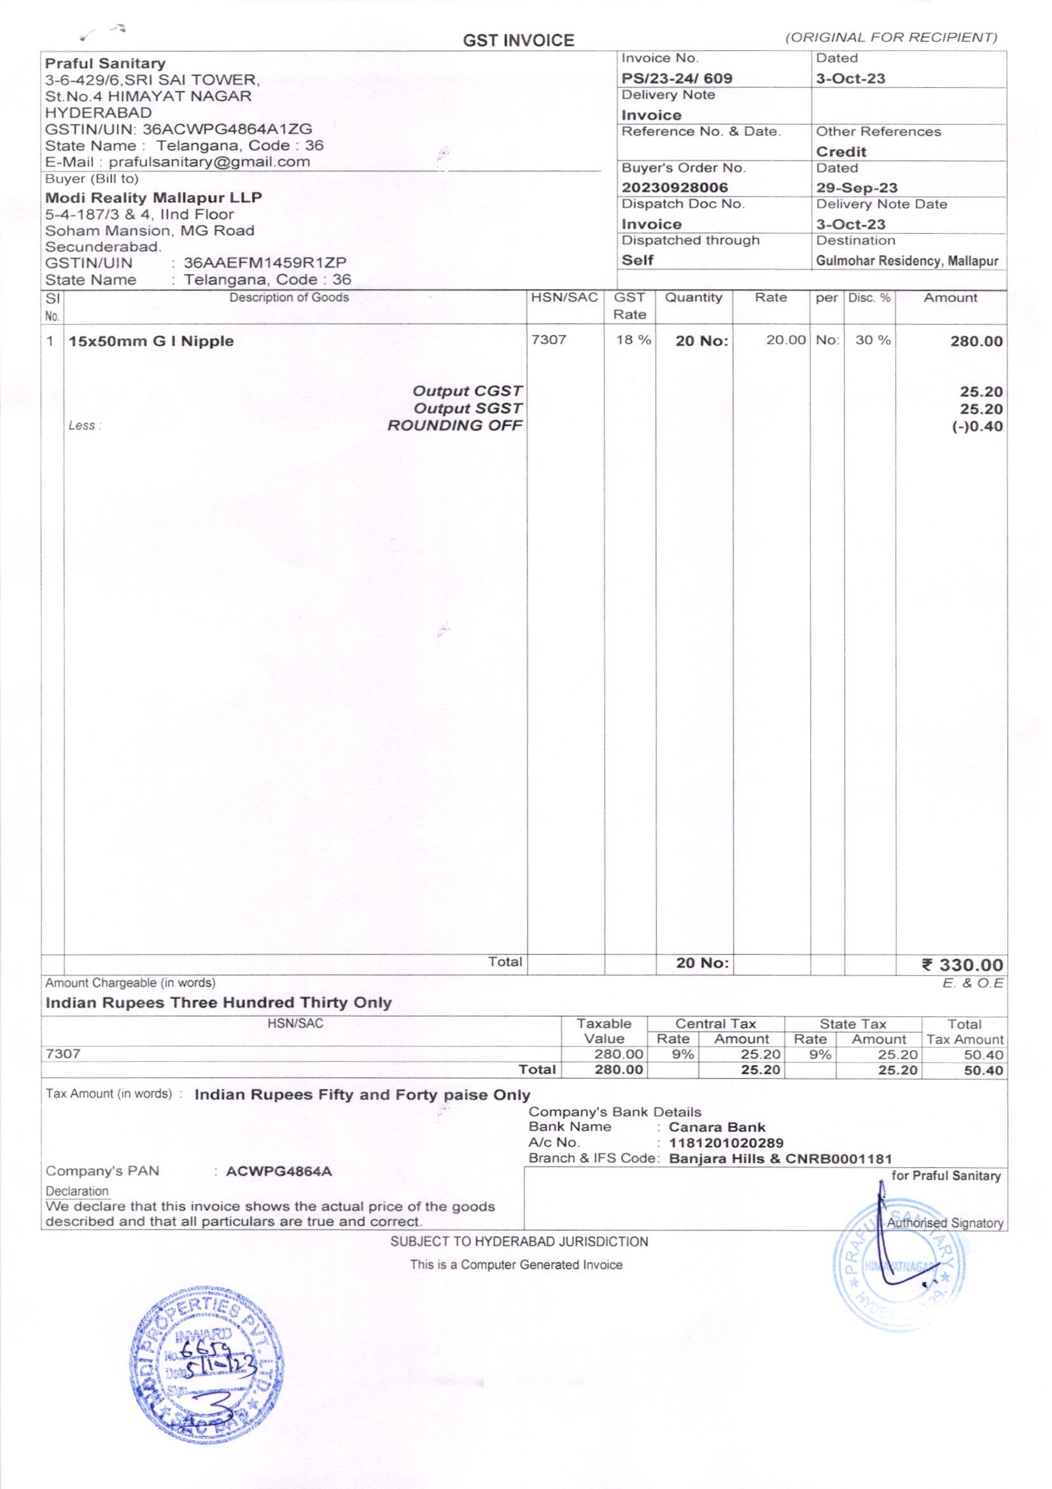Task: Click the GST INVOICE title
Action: pos(518,41)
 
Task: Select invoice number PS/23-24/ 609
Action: pos(677,78)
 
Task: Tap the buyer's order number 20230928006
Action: pos(675,187)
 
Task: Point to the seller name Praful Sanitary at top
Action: pos(105,63)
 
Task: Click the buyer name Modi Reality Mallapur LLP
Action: pos(153,197)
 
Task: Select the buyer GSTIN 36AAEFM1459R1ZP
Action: pos(265,262)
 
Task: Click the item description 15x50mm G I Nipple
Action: pos(151,341)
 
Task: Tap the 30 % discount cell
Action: pos(873,341)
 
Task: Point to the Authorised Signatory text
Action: pos(944,1223)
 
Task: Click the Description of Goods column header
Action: pos(289,297)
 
